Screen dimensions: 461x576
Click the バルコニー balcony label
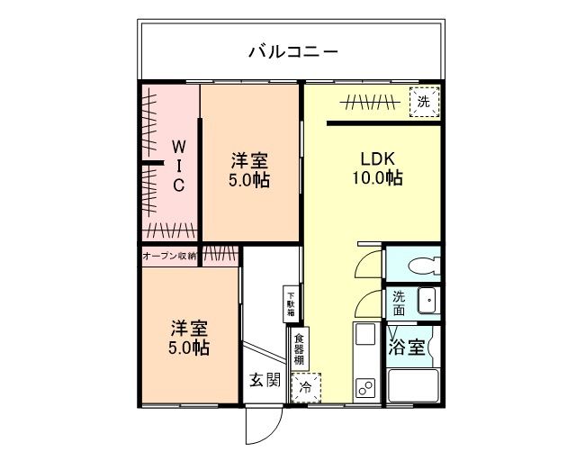[293, 51]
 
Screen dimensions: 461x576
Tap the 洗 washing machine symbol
[424, 102]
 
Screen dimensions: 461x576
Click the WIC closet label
[178, 165]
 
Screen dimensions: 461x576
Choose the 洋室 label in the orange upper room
[249, 161]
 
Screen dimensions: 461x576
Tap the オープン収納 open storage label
[169, 256]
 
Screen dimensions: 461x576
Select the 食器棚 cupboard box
[299, 348]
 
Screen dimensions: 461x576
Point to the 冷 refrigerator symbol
[305, 388]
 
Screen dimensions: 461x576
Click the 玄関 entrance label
[264, 380]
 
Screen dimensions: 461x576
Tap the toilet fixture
[421, 265]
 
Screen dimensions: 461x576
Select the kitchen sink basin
[365, 336]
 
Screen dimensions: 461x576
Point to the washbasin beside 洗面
[427, 300]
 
